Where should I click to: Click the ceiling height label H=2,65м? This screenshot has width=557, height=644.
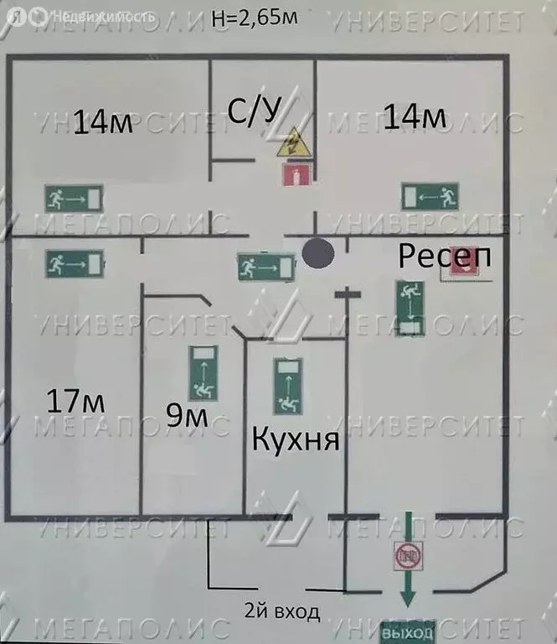255,18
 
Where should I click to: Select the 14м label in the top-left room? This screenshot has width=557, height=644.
103,122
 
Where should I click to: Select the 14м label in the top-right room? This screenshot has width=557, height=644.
415,117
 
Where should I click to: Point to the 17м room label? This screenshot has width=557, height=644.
75,401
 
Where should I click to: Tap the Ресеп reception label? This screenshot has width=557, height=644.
445,256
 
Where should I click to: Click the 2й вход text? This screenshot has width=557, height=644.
281,611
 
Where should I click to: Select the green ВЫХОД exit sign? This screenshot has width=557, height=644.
407,632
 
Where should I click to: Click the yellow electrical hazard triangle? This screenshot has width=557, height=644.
294,143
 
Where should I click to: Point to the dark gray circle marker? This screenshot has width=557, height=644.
318,254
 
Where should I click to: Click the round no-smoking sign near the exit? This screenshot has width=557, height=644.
408,556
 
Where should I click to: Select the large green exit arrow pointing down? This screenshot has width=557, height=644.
408,559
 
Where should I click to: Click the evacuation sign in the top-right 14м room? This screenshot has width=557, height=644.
430,197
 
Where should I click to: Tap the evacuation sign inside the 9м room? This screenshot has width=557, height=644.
203,373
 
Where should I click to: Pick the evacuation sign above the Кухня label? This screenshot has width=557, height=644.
288,387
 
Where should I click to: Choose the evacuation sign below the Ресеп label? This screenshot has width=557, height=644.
410,308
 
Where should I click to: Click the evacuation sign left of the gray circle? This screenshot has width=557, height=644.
266,267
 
